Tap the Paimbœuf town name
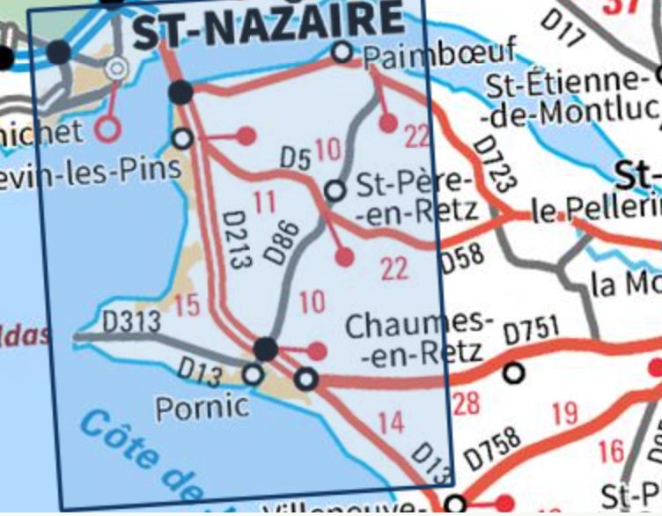tap(438, 55)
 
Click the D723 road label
tap(493, 164)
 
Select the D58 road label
tap(462, 259)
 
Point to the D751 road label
tap(531, 333)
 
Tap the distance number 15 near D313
tap(187, 306)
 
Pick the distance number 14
tap(390, 423)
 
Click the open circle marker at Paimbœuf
tap(342, 53)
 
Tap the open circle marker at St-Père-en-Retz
tap(335, 190)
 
